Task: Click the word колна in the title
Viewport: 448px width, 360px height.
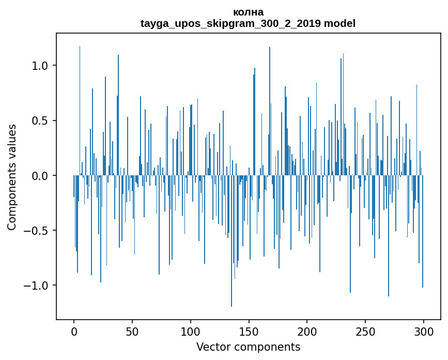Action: coord(248,12)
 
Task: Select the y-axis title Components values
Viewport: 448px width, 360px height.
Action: coord(12,177)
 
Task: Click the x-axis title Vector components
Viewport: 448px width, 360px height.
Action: coord(248,347)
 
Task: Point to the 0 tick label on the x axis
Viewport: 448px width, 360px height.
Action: coord(74,332)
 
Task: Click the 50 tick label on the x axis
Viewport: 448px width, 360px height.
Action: coord(132,332)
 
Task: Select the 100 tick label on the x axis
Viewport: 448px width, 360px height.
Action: coord(191,332)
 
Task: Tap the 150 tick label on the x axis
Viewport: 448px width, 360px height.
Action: coord(249,332)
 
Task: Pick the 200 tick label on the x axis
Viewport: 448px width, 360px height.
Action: coord(307,332)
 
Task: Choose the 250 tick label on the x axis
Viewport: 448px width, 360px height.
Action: coord(365,332)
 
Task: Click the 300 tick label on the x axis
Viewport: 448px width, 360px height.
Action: coord(424,332)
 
